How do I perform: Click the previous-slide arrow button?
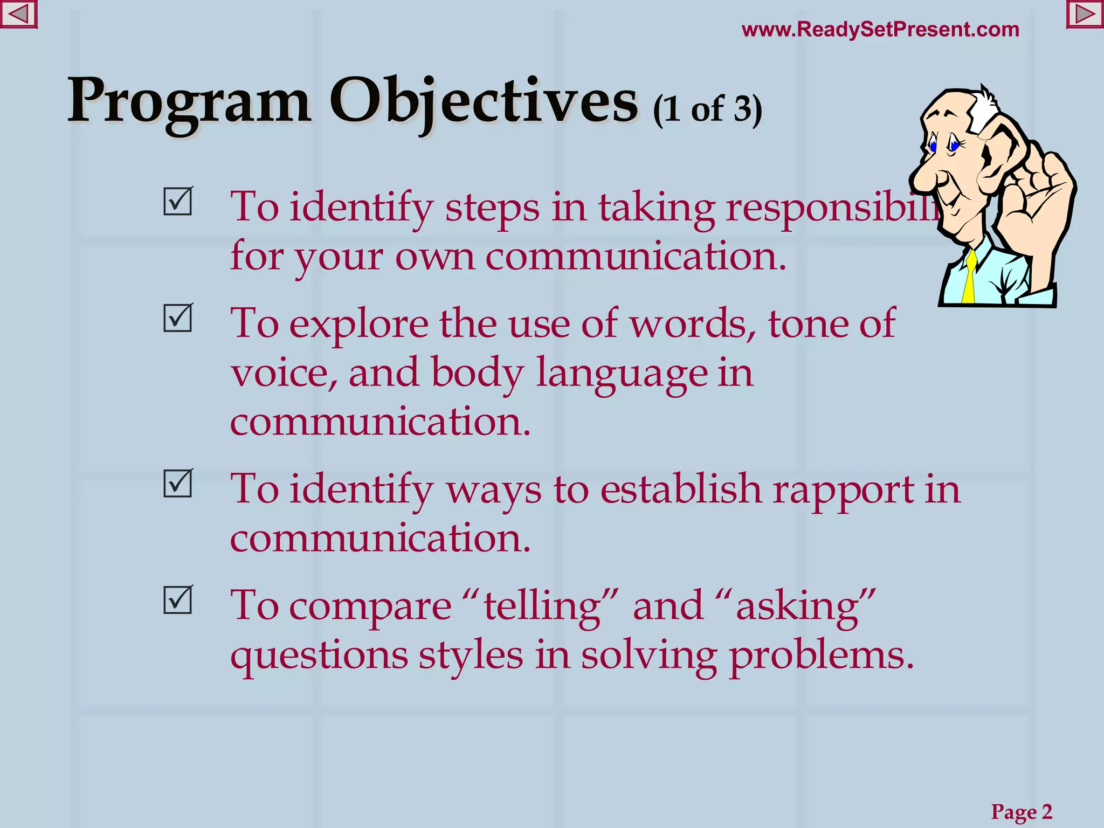click(x=18, y=15)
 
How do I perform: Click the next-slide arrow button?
click(x=1085, y=15)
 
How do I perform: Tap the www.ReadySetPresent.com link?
click(x=880, y=29)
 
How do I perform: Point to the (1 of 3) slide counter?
click(x=707, y=109)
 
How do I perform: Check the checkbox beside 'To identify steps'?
click(x=178, y=202)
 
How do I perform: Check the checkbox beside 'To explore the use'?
click(x=178, y=318)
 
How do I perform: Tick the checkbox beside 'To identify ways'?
click(x=178, y=484)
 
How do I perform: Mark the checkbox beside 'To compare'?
click(x=178, y=600)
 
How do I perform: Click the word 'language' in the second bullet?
click(x=621, y=374)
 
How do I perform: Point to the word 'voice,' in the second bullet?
click(x=284, y=374)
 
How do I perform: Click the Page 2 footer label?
click(x=1022, y=811)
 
